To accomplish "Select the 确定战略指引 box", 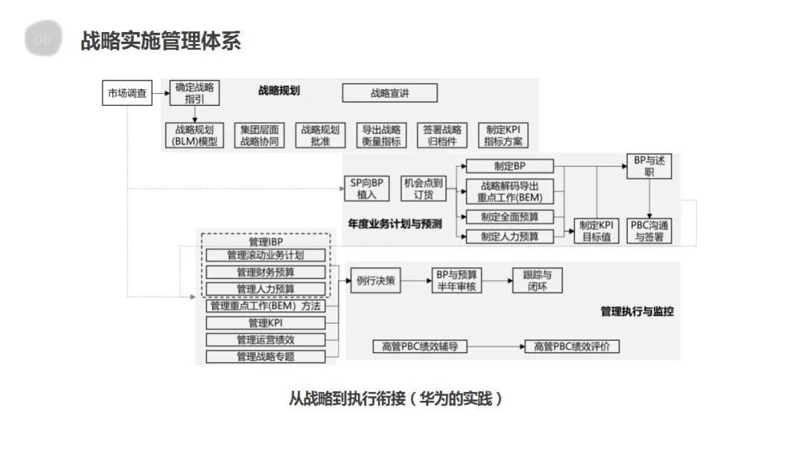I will [x=195, y=93].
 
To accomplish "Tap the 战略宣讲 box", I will [x=390, y=93].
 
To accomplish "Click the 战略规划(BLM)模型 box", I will [x=194, y=135].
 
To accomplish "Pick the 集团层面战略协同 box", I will [x=259, y=135].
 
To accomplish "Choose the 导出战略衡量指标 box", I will [x=381, y=135].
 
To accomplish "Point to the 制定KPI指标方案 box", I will [x=503, y=135].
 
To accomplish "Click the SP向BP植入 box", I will [x=367, y=188].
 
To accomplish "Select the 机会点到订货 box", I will [x=423, y=188].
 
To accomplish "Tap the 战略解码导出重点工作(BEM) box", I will [x=510, y=191].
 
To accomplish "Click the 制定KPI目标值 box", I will [x=596, y=231].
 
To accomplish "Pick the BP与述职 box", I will [x=648, y=166].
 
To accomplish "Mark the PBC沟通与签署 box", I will [x=649, y=231].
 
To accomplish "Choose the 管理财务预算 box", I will [x=266, y=272].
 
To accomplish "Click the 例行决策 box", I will [x=376, y=281].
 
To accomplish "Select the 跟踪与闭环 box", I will [x=537, y=280].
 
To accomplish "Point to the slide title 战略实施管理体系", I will [x=161, y=40].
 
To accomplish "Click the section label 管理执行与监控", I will [x=636, y=311].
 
